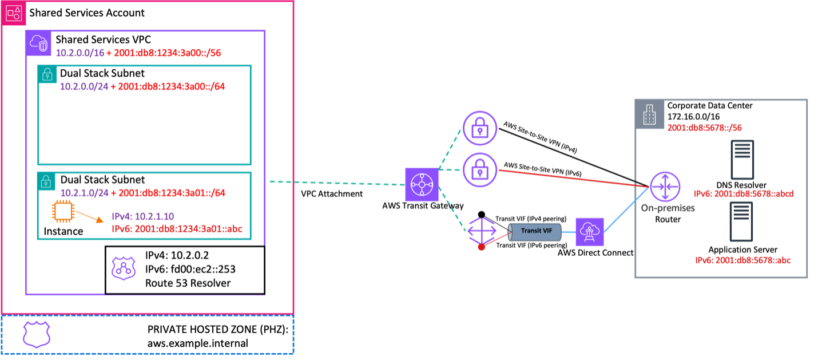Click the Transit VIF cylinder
pos(535,231)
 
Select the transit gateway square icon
pos(422,184)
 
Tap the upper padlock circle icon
pos(480,128)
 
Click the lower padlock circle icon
pos(480,169)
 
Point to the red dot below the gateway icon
pos(482,247)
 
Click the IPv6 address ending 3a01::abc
pos(177,229)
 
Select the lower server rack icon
pos(742,221)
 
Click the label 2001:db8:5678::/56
pos(704,128)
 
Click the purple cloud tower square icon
pos(590,232)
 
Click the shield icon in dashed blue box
pos(37,334)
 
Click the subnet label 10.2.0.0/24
pos(84,87)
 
